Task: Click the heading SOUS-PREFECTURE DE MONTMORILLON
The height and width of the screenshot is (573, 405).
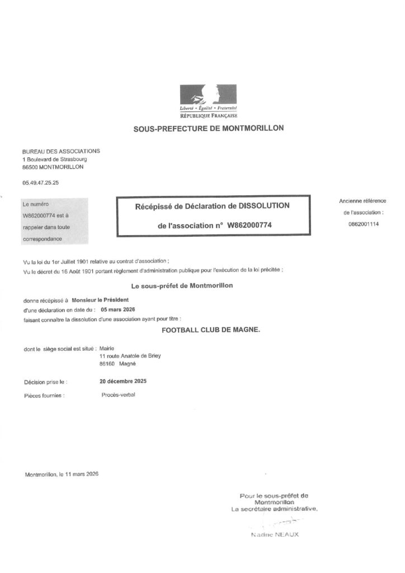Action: point(208,128)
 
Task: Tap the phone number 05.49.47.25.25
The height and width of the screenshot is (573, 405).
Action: point(40,182)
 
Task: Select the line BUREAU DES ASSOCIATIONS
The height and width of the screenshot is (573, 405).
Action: point(61,151)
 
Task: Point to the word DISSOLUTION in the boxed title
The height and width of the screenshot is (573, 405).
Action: point(264,206)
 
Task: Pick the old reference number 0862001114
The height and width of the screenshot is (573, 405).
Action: point(362,223)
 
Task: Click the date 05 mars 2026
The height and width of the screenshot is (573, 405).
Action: point(117,309)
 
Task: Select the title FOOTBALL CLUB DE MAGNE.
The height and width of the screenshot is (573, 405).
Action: point(211,330)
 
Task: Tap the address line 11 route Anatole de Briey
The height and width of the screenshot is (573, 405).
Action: point(129,355)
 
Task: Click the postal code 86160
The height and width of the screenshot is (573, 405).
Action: point(106,363)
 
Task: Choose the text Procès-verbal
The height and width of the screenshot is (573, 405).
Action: point(118,394)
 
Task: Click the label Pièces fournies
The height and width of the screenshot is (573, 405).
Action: point(44,395)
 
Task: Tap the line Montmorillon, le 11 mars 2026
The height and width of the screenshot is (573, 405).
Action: point(62,475)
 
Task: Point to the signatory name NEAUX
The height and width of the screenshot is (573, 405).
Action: point(289,534)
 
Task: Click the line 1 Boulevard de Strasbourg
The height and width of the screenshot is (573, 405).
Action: point(55,159)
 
